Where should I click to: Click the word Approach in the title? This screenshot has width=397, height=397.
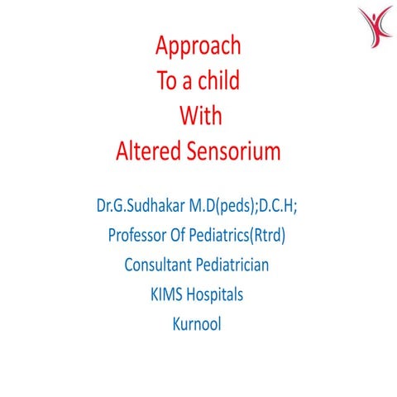point(198,45)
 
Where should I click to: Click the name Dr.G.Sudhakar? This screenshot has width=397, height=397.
point(146,203)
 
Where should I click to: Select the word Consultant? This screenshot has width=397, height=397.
point(160,265)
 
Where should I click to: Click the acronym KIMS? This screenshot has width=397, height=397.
point(168,294)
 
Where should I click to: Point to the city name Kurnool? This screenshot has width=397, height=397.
point(198,324)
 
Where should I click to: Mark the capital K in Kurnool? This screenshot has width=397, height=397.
point(176,324)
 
